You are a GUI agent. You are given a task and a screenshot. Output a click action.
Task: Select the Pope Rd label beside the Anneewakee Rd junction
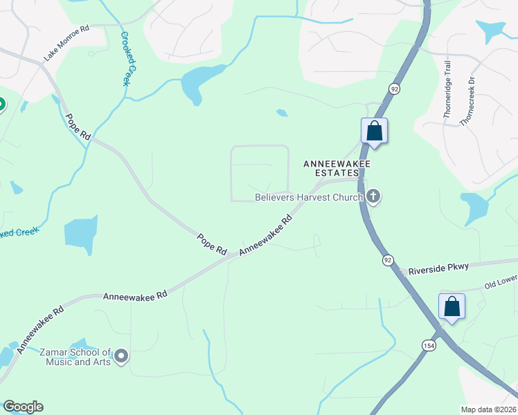click(x=212, y=243)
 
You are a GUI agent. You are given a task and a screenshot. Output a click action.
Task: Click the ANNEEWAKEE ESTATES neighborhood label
click(x=337, y=168)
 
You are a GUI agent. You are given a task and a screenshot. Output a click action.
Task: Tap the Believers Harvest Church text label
click(x=309, y=198)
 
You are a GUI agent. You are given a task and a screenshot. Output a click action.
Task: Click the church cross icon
click(x=373, y=197)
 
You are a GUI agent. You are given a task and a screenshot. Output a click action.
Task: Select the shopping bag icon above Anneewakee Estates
click(x=374, y=131)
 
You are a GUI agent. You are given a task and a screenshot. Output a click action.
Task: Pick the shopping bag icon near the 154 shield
click(x=452, y=306)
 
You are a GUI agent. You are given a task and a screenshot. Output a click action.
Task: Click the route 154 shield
click(x=429, y=344)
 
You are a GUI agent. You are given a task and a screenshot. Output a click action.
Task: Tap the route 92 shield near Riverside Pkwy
click(x=388, y=260)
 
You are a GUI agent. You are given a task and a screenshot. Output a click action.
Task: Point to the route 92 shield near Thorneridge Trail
click(x=394, y=89)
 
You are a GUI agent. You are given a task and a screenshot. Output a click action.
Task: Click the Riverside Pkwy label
click(x=438, y=268)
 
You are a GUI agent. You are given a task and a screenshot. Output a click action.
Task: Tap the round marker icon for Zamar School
click(x=121, y=357)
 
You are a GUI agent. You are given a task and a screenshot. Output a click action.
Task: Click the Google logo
click(x=23, y=407)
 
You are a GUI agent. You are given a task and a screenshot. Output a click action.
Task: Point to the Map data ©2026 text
click(x=488, y=409)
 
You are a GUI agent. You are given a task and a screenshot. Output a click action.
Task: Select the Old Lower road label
click(x=499, y=282)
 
